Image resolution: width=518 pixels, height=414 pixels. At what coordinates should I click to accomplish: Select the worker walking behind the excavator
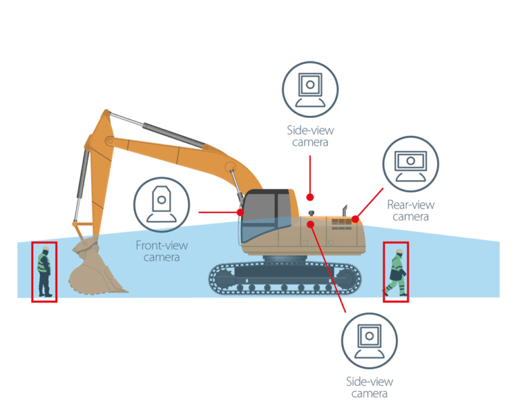(x=396, y=272)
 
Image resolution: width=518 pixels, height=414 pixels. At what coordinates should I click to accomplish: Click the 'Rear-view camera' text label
(x=410, y=210)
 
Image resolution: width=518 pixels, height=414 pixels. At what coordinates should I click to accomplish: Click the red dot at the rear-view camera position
(x=355, y=219)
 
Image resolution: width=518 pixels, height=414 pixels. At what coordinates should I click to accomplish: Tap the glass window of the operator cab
(x=266, y=216)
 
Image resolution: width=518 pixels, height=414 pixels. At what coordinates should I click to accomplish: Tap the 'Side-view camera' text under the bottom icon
(x=369, y=387)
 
